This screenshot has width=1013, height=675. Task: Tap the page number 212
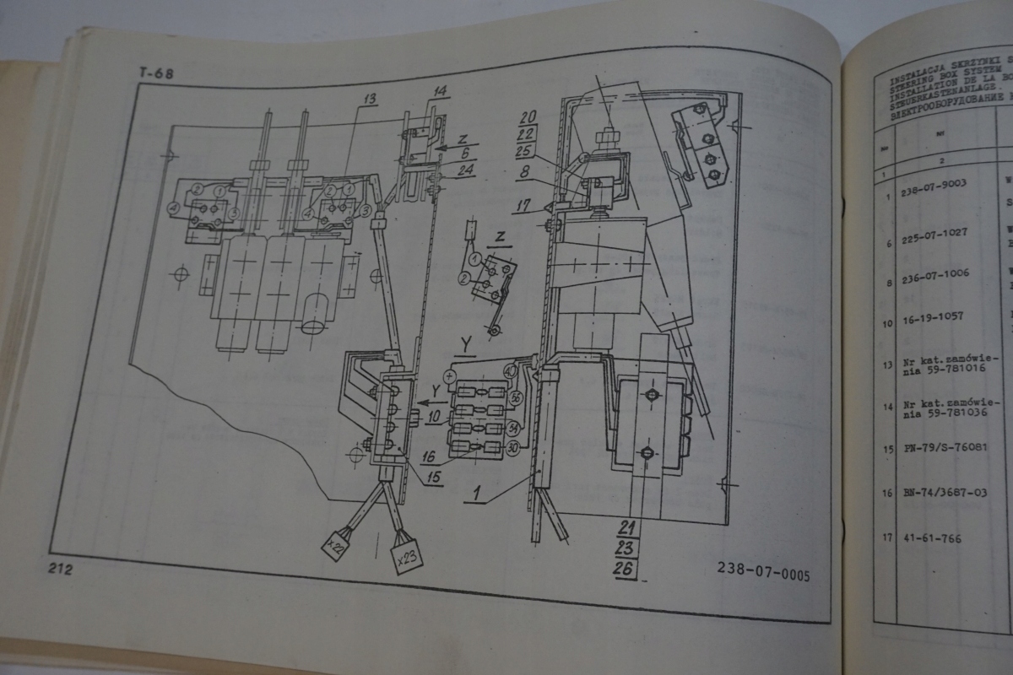(61, 569)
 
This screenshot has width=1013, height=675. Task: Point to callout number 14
(441, 90)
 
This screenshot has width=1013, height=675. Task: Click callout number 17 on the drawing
(523, 203)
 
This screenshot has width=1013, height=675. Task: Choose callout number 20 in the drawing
(528, 116)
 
